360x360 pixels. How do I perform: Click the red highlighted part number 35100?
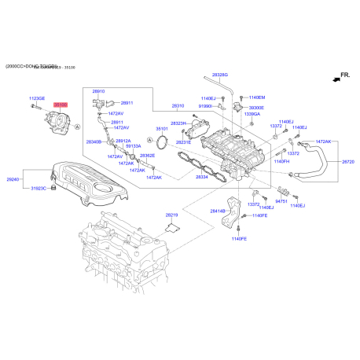pyautogui.click(x=61, y=104)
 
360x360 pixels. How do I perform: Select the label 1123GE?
pyautogui.click(x=37, y=98)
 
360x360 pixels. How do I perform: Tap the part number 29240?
pyautogui.click(x=13, y=179)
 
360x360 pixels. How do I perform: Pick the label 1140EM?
pyautogui.click(x=257, y=97)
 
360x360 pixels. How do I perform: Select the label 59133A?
pyautogui.click(x=133, y=145)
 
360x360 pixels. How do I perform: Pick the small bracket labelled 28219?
pyautogui.click(x=174, y=227)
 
